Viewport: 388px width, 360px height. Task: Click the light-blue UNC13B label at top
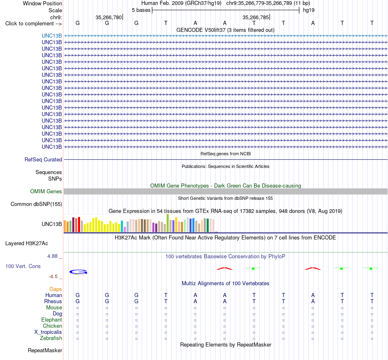(52, 36)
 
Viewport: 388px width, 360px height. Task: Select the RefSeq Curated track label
(43, 159)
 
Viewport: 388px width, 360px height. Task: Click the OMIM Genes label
(46, 191)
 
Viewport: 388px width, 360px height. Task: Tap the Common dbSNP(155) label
(36, 204)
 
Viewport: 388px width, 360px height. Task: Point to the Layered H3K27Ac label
(27, 244)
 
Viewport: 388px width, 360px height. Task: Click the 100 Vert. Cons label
(23, 266)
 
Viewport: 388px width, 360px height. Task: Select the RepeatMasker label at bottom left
(45, 350)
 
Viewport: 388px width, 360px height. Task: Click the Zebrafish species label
(51, 338)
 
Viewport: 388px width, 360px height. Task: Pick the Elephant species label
(51, 320)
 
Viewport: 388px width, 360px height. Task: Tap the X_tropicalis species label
(48, 332)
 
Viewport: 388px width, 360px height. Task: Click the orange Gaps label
(56, 289)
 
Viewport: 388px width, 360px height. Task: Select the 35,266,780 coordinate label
(109, 17)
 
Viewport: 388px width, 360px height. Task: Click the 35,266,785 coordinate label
(256, 17)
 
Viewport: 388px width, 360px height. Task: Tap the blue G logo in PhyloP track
(78, 272)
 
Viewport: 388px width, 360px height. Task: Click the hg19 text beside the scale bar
(309, 10)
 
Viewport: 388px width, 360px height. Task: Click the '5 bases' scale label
(141, 10)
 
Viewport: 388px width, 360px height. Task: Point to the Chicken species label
(52, 326)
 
